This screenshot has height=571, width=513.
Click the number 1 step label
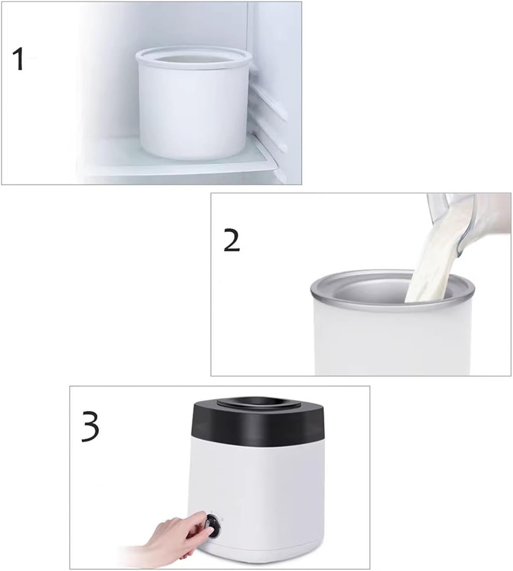click(x=19, y=59)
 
